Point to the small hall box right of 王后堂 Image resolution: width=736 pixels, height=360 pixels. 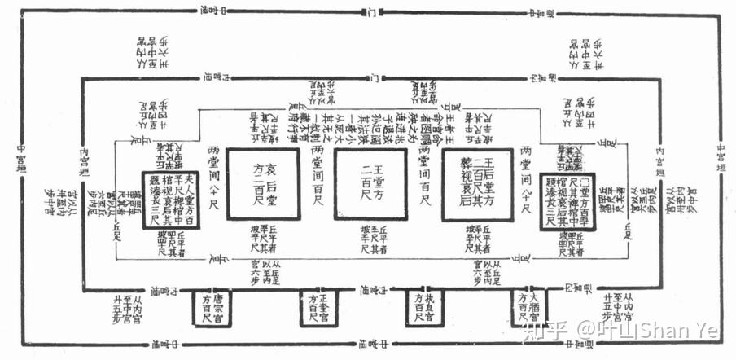click(x=571, y=200)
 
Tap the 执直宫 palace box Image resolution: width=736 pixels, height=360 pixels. click(x=423, y=309)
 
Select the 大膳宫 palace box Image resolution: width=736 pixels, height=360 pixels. click(x=529, y=309)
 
